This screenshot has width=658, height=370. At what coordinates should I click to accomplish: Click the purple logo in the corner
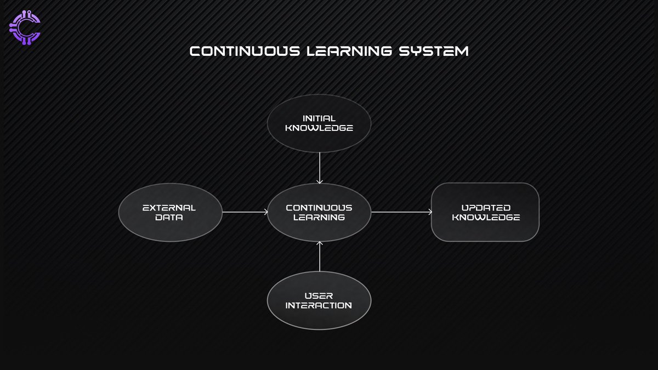(26, 28)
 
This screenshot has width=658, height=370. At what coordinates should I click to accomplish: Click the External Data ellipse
(171, 213)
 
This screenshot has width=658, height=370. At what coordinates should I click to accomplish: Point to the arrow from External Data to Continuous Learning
(244, 212)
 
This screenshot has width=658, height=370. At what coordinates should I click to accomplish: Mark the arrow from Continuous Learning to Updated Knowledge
(401, 212)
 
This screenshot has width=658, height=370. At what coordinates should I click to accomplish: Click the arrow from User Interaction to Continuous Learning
(319, 256)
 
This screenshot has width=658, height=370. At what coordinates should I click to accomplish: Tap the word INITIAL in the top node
(319, 118)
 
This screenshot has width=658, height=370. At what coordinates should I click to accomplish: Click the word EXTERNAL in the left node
(169, 208)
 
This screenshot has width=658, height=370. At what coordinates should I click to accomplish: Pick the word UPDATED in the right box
(485, 208)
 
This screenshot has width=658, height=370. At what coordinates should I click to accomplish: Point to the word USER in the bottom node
(319, 295)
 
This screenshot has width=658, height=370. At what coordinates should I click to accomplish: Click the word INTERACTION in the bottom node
(319, 305)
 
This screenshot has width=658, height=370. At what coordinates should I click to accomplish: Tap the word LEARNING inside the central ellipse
(319, 218)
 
